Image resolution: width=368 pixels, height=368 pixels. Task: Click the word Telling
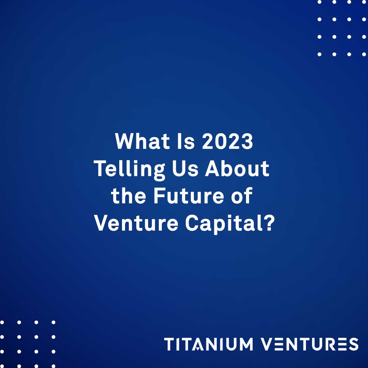(130, 169)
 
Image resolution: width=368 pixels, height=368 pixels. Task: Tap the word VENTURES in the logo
(309, 344)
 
